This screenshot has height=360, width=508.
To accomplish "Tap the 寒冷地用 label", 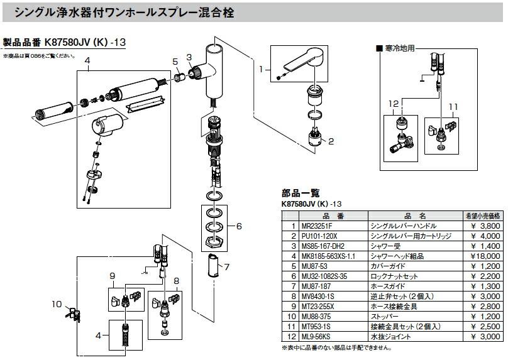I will [402, 48].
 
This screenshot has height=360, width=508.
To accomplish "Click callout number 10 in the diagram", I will [57, 304].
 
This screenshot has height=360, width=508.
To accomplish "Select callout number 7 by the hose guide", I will [226, 267].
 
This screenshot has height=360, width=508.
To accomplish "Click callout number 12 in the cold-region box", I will [394, 103].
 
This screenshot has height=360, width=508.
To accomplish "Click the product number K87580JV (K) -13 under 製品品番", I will [86, 43].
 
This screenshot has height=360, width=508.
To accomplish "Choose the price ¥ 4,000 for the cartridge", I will [484, 236].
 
